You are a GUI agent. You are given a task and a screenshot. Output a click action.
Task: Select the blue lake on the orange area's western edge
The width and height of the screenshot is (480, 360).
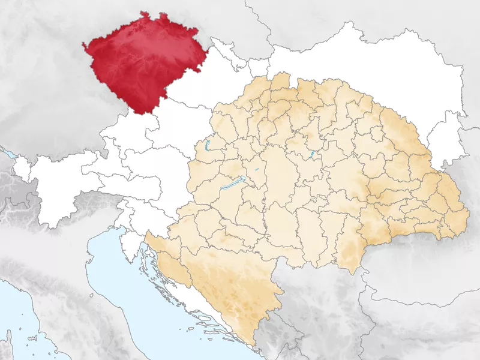207,145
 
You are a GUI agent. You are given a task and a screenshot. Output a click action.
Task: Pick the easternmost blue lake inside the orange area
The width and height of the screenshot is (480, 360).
312,155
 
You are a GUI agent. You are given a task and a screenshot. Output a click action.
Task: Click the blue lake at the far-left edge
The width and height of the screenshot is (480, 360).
8,154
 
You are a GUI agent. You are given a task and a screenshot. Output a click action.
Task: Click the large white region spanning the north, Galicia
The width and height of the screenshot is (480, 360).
360,60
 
